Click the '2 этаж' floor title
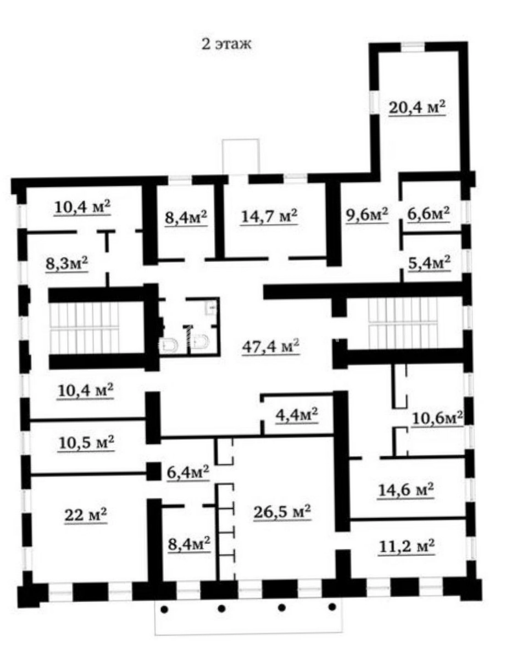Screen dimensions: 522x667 tap(226, 44)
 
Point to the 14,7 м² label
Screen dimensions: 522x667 tap(269, 216)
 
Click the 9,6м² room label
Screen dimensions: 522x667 tap(367, 215)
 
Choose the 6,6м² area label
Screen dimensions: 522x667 tap(429, 214)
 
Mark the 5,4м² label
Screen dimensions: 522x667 tap(429, 263)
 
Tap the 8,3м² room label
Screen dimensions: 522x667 tap(67, 264)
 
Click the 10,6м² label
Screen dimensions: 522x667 tap(437, 418)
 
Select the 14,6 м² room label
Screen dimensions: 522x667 tap(406, 490)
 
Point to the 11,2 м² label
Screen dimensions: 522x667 tap(407, 546)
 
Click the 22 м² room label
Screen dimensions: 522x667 tap(86, 515)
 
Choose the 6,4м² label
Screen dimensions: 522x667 tap(188, 473)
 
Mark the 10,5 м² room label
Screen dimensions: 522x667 tap(86, 443)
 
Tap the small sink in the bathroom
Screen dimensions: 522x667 tap(212, 307)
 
